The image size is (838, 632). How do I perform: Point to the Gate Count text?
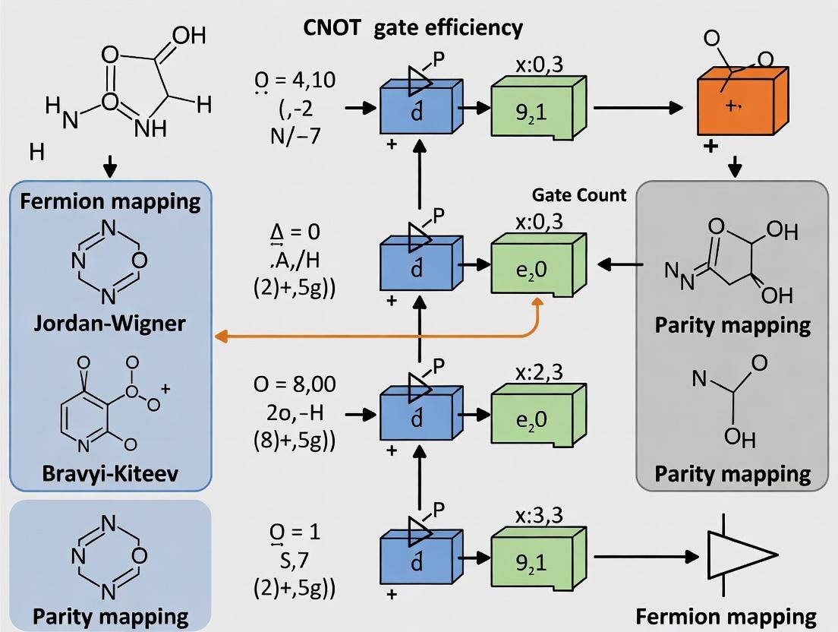click(x=579, y=194)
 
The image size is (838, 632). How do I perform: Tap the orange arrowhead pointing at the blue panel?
click(x=220, y=336)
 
